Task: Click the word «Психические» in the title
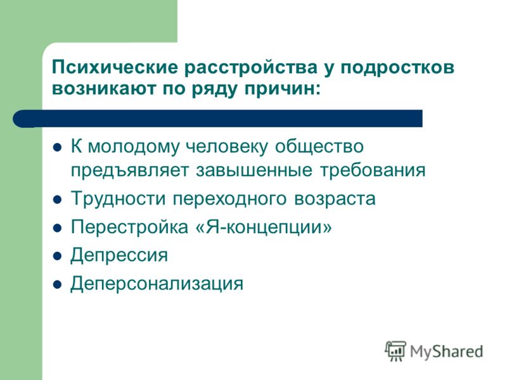tap(115, 68)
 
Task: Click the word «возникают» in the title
tap(104, 89)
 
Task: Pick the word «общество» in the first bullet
tap(319, 146)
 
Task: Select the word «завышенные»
tap(254, 170)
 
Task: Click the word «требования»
tap(373, 170)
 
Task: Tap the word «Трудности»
tap(118, 199)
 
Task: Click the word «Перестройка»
tap(129, 227)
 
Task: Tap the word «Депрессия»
tap(119, 255)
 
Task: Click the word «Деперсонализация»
tap(157, 283)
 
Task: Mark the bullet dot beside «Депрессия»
tap(57, 256)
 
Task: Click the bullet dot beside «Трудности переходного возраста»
tap(57, 199)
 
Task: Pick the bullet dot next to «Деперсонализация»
tap(57, 284)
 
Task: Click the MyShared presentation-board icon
tap(395, 351)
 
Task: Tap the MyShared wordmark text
tap(447, 351)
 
